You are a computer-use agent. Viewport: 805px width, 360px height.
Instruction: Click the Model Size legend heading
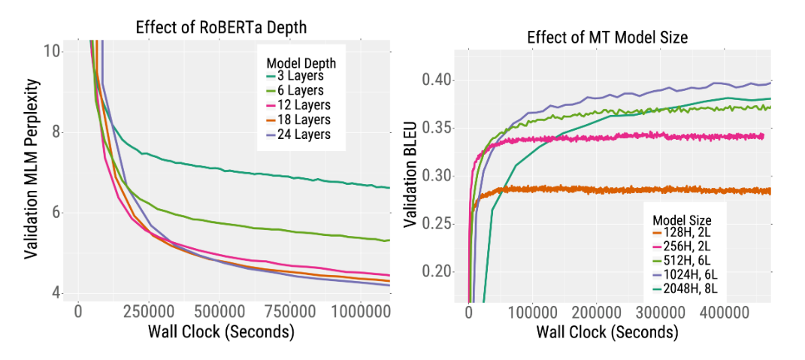(x=682, y=219)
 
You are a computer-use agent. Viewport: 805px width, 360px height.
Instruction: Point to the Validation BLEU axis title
(x=410, y=177)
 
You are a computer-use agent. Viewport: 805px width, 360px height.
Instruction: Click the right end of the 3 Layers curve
(x=389, y=187)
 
